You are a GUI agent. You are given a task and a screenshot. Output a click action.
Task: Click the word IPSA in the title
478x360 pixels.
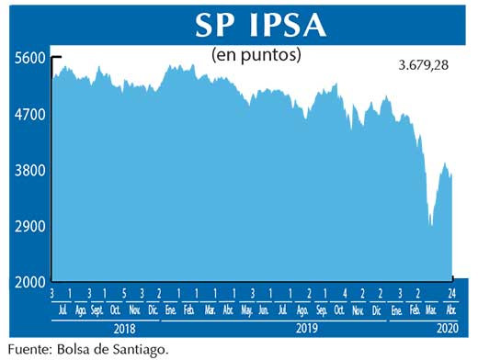point(280,25)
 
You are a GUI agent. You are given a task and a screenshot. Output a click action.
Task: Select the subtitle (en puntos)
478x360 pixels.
point(257,55)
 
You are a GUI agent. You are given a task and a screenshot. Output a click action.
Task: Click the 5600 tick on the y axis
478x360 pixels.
point(29,58)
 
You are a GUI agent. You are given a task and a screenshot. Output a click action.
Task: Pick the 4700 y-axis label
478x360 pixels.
point(29,115)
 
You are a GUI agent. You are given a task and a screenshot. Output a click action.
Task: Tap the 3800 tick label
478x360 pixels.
point(29,171)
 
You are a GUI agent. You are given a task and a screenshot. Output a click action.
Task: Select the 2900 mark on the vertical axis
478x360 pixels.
point(29,227)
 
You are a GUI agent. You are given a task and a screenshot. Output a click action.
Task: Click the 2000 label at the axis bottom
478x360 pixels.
point(29,283)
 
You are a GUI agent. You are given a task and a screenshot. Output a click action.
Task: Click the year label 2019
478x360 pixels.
point(307,327)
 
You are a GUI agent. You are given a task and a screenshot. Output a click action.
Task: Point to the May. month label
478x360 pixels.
point(246,311)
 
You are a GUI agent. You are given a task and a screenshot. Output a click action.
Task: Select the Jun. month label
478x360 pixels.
point(265,311)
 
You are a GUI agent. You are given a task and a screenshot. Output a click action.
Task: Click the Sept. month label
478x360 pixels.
point(97,311)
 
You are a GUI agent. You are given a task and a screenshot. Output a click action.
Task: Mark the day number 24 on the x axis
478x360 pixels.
point(452,294)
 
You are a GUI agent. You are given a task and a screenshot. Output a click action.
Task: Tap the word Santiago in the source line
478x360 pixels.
point(142,349)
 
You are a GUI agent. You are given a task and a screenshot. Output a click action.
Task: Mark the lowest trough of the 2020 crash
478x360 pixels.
point(430,224)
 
